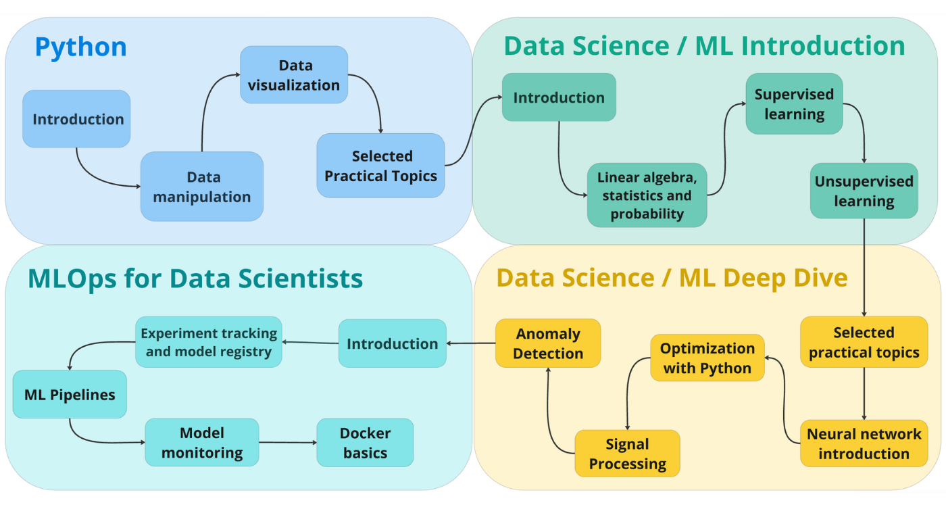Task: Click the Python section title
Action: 80,47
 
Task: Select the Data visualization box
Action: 294,75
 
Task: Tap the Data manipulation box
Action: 202,187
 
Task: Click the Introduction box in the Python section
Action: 77,119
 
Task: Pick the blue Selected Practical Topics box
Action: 380,166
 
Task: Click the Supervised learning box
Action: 794,104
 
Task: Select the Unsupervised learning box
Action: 864,191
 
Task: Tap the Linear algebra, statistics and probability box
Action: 647,195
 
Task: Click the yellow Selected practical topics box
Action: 864,342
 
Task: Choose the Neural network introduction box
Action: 864,443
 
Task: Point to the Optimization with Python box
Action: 707,358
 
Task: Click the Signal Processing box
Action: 627,454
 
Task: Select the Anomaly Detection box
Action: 548,343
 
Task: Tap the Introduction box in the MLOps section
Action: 392,343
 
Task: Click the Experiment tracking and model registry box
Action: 208,342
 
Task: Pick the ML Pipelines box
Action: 70,394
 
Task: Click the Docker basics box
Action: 365,443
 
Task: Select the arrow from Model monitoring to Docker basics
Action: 287,443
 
